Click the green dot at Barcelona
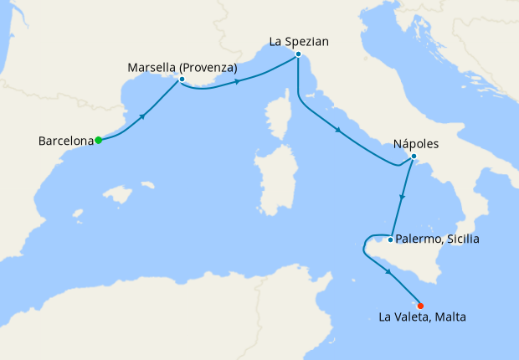[98, 140]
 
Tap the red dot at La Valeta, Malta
[420, 306]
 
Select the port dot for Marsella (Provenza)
[181, 80]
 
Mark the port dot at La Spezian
[298, 54]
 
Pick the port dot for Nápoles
[414, 157]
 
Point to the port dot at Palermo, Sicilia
[390, 239]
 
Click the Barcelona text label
[65, 141]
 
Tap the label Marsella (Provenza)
[182, 67]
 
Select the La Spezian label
[299, 40]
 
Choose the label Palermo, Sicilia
[439, 239]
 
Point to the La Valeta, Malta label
[422, 317]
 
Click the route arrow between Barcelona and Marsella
[143, 116]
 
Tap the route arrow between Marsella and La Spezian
[239, 81]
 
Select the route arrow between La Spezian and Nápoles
[337, 130]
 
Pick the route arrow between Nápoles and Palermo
[403, 198]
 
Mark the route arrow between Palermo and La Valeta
[389, 272]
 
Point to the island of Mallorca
[122, 196]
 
